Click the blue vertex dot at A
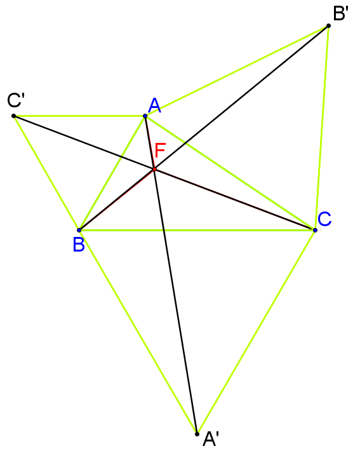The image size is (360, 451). click(x=145, y=116)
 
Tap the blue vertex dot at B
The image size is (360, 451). click(x=79, y=230)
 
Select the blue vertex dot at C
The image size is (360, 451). click(x=315, y=230)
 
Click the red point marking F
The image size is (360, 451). click(x=155, y=170)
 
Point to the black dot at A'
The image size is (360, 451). click(x=197, y=434)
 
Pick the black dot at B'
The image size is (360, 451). click(x=328, y=26)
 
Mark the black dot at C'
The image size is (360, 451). click(x=13, y=116)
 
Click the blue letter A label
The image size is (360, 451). click(x=155, y=105)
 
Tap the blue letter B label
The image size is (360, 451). click(x=79, y=245)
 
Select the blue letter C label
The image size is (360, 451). click(x=324, y=219)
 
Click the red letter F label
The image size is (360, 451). click(x=160, y=151)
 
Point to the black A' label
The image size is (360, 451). click(x=211, y=439)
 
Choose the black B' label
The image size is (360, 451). click(x=341, y=13)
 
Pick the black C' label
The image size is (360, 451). click(x=16, y=100)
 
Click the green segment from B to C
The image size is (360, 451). click(x=197, y=230)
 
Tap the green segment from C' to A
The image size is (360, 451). click(x=79, y=116)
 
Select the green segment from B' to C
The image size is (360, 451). click(x=322, y=128)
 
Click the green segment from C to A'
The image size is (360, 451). click(x=256, y=332)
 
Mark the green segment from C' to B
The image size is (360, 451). click(x=46, y=173)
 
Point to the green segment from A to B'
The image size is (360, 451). click(x=237, y=71)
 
